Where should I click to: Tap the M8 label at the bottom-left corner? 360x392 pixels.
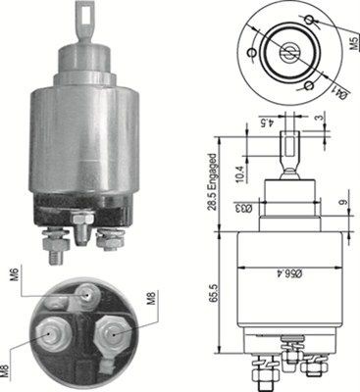point(12,370)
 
